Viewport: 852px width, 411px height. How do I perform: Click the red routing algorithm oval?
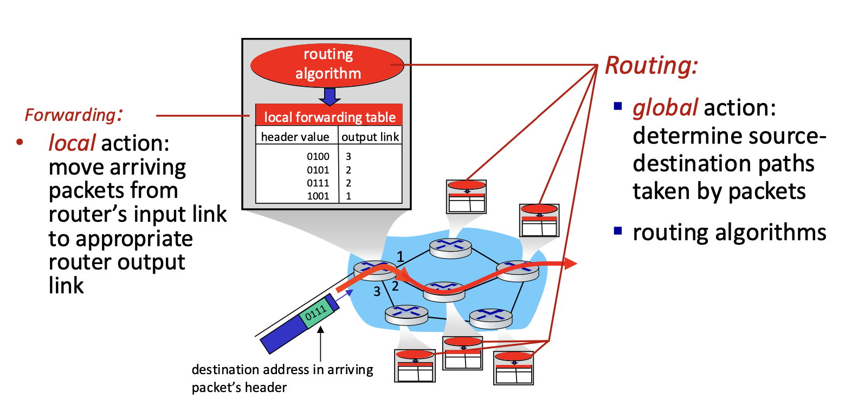tap(327, 65)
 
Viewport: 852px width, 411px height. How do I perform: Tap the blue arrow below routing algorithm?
tap(330, 97)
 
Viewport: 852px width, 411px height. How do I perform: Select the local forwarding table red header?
tap(329, 115)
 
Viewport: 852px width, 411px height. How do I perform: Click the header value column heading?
tap(295, 137)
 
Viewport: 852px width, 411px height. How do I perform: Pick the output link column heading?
tap(370, 137)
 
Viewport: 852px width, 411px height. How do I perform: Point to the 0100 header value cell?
tap(318, 156)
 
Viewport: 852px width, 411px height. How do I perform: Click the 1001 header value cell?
tap(318, 196)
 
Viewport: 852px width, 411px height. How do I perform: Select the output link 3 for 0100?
tap(348, 156)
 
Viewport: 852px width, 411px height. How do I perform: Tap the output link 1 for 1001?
tap(348, 196)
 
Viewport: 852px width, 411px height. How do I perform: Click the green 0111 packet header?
tap(315, 313)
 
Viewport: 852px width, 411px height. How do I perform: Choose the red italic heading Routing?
tap(651, 66)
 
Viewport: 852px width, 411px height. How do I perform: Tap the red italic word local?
tap(72, 143)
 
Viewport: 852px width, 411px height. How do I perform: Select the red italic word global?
tap(665, 108)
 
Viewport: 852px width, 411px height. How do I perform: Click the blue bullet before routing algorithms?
tap(618, 230)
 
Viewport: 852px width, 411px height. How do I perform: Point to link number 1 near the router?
tap(400, 257)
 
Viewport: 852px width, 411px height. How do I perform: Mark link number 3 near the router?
tap(377, 292)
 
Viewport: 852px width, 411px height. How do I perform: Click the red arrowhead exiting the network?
tap(570, 264)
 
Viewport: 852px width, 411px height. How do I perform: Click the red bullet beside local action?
tap(20, 142)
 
